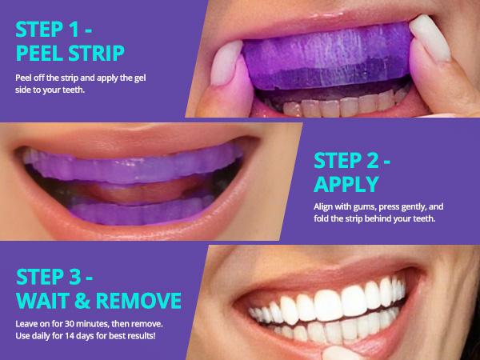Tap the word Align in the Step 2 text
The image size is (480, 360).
(x=326, y=207)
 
